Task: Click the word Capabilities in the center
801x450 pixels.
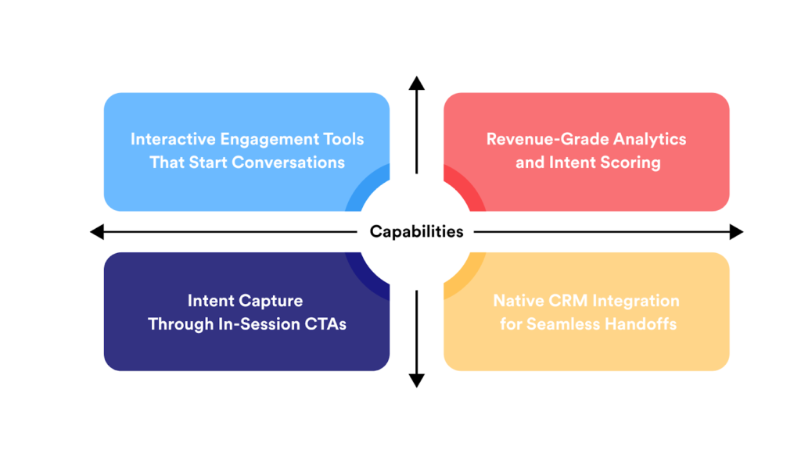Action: click(x=416, y=231)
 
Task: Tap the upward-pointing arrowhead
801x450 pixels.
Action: click(x=417, y=83)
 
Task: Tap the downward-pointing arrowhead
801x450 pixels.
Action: click(x=417, y=380)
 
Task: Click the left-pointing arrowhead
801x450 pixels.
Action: click(x=97, y=231)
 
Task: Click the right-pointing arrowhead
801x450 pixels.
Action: click(x=736, y=231)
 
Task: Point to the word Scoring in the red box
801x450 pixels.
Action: click(x=630, y=162)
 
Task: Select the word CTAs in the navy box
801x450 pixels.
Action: click(x=326, y=323)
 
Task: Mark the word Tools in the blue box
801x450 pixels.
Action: click(x=344, y=139)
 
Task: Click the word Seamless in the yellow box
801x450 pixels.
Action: click(x=560, y=323)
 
